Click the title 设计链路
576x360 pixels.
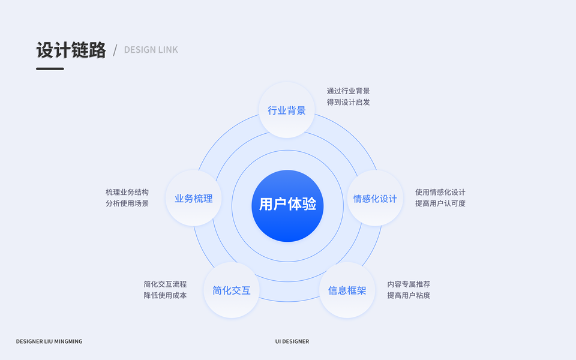click(71, 50)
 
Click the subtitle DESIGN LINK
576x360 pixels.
click(151, 50)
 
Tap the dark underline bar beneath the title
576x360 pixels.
click(50, 68)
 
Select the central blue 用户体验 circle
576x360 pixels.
click(287, 205)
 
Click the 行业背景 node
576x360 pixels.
click(287, 110)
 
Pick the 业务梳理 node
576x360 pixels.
click(193, 199)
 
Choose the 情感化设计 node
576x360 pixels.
click(375, 199)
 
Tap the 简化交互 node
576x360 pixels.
click(232, 291)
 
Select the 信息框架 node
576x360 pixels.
click(347, 291)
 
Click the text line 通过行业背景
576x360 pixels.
click(348, 91)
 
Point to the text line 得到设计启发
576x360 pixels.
click(348, 102)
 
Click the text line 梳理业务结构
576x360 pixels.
click(127, 193)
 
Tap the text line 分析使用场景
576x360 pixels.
click(127, 203)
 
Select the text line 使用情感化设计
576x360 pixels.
click(440, 193)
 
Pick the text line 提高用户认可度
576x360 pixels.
click(440, 203)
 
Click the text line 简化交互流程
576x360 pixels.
click(165, 284)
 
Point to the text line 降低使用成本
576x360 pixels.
click(165, 295)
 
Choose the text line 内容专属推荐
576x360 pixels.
click(408, 284)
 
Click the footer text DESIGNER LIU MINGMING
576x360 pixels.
click(49, 341)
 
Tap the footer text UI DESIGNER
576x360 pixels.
click(292, 341)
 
